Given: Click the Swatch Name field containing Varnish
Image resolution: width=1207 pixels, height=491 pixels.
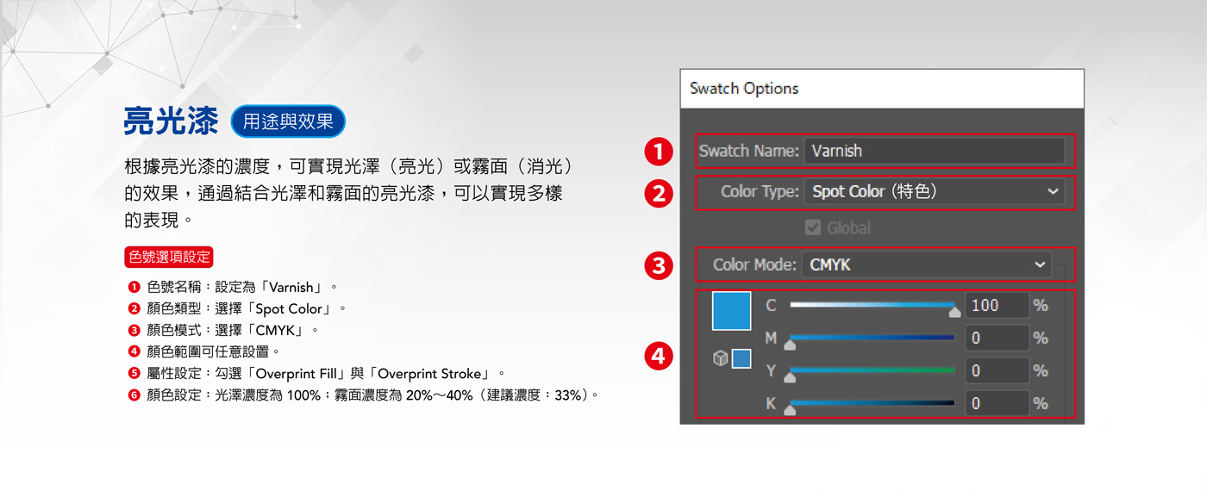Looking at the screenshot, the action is (x=935, y=151).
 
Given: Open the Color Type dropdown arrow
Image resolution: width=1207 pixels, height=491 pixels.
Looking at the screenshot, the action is (x=1053, y=191).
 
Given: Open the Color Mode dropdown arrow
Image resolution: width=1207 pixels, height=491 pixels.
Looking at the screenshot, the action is (x=1040, y=265).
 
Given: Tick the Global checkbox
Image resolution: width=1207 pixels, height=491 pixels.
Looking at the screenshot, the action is (x=812, y=227).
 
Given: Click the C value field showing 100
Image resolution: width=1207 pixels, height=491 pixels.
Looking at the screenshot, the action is (x=997, y=305).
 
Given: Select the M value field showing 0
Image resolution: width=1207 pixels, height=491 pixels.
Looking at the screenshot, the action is (x=997, y=338).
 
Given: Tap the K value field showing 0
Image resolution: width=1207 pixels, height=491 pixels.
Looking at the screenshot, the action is (x=997, y=403).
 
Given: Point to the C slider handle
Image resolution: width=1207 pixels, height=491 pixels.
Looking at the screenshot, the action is (x=954, y=312).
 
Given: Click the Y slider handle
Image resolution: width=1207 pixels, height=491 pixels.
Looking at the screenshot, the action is (x=790, y=377).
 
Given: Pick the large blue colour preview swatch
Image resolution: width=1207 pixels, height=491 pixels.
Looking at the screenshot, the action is (x=731, y=311).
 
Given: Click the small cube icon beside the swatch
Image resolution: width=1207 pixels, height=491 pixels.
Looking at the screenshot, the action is (x=721, y=358).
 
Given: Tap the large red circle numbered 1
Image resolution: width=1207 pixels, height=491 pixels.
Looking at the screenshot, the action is (x=659, y=152).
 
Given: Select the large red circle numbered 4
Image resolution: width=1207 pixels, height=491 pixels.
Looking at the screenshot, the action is (x=659, y=356).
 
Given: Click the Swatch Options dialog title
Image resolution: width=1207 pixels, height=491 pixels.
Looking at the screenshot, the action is (x=744, y=88).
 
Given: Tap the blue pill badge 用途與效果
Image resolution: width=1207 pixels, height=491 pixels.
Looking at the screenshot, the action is (x=288, y=121).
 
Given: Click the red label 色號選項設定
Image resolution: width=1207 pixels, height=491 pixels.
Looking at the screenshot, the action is (x=169, y=257).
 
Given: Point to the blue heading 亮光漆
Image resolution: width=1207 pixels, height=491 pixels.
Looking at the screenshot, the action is (x=172, y=121).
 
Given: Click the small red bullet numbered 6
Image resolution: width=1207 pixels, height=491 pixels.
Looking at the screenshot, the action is (x=134, y=395).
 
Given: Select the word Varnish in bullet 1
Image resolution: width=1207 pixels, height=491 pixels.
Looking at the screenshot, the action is (x=291, y=287).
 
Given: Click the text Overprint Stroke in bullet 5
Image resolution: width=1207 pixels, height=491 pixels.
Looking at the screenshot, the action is (x=429, y=374).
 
